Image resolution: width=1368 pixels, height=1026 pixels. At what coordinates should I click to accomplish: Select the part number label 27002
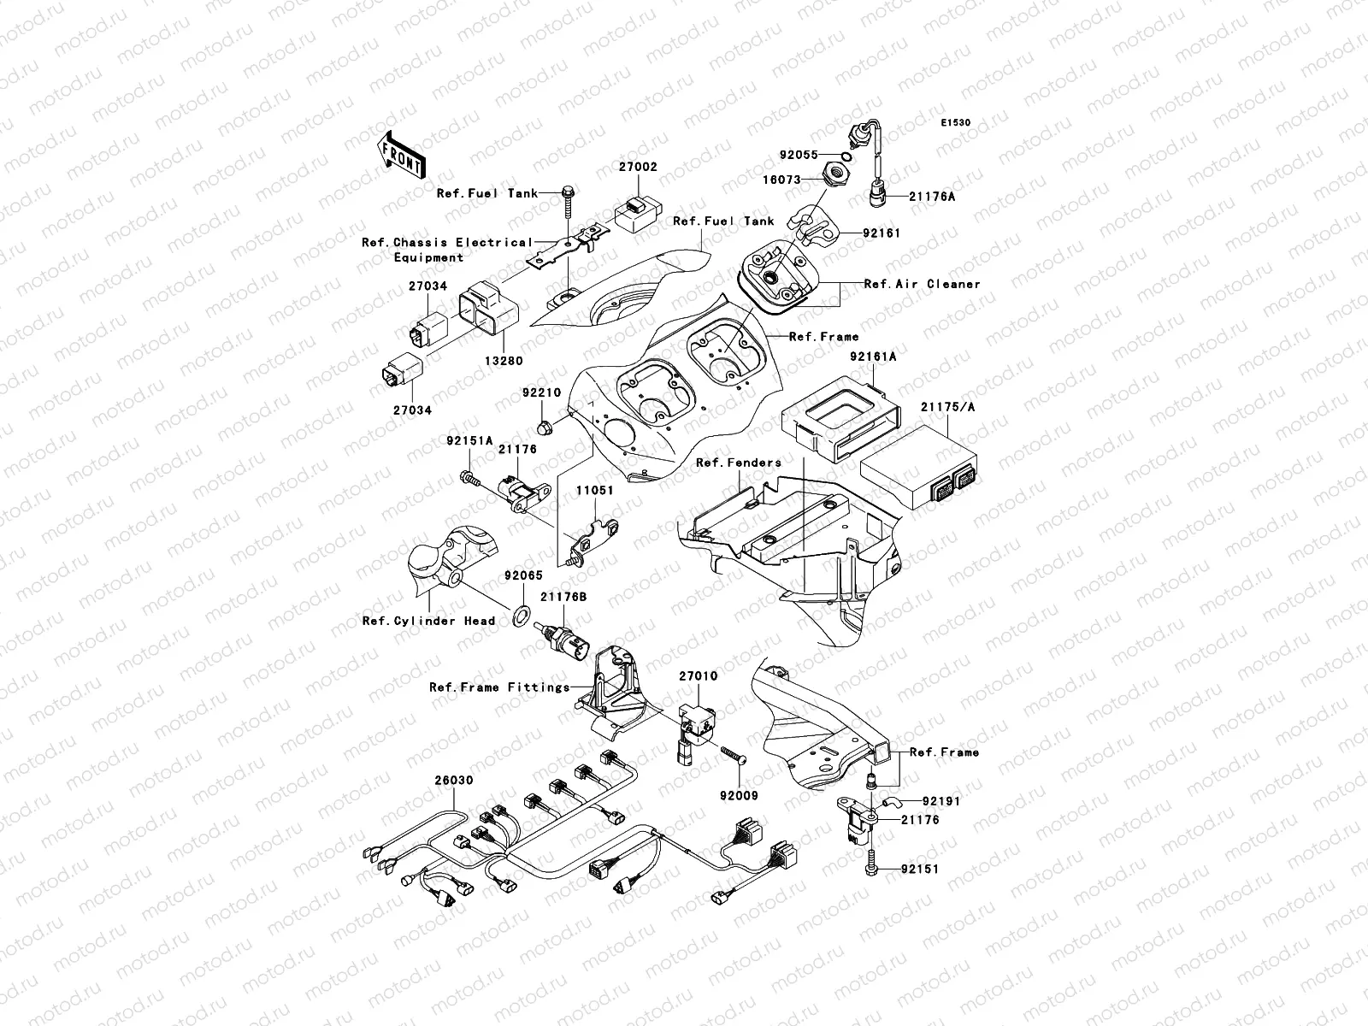pos(638,168)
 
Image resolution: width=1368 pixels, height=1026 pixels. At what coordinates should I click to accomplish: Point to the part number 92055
pos(799,156)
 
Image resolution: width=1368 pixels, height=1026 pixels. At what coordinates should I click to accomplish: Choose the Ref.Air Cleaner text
pos(922,284)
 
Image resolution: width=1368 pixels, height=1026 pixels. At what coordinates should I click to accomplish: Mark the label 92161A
pos(873,357)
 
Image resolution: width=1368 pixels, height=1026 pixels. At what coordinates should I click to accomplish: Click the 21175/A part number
pos(947,407)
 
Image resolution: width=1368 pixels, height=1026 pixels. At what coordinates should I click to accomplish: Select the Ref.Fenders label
pos(739,463)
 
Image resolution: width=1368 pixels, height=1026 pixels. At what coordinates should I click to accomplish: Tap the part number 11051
pos(593,492)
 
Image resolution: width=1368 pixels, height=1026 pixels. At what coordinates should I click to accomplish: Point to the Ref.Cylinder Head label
pos(428,621)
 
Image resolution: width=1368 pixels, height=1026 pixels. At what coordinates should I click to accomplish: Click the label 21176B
pos(563,598)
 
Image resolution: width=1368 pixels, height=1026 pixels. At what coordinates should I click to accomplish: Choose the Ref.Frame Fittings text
pos(499,687)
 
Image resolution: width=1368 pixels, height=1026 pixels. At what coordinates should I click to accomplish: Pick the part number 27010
pos(699,676)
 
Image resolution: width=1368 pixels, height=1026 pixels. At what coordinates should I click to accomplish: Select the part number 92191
pos(940,802)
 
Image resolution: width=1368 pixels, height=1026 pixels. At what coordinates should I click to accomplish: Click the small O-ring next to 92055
pos(845,156)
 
